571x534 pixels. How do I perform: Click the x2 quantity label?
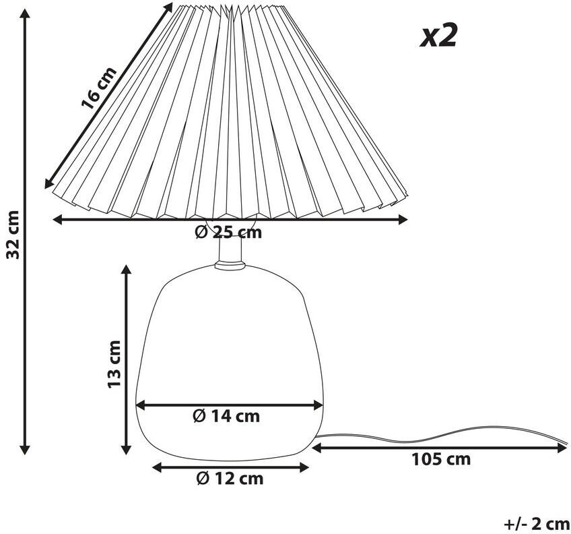click(438, 35)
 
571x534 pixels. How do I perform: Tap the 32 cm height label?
click(11, 233)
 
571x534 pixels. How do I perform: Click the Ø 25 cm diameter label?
click(228, 233)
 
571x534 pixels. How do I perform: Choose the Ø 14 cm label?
click(226, 416)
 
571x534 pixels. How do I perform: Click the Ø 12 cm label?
click(230, 479)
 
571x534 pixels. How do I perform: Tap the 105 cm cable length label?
click(441, 460)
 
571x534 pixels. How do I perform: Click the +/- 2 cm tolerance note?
click(536, 523)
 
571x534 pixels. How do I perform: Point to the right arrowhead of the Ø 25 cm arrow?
click(403, 218)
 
